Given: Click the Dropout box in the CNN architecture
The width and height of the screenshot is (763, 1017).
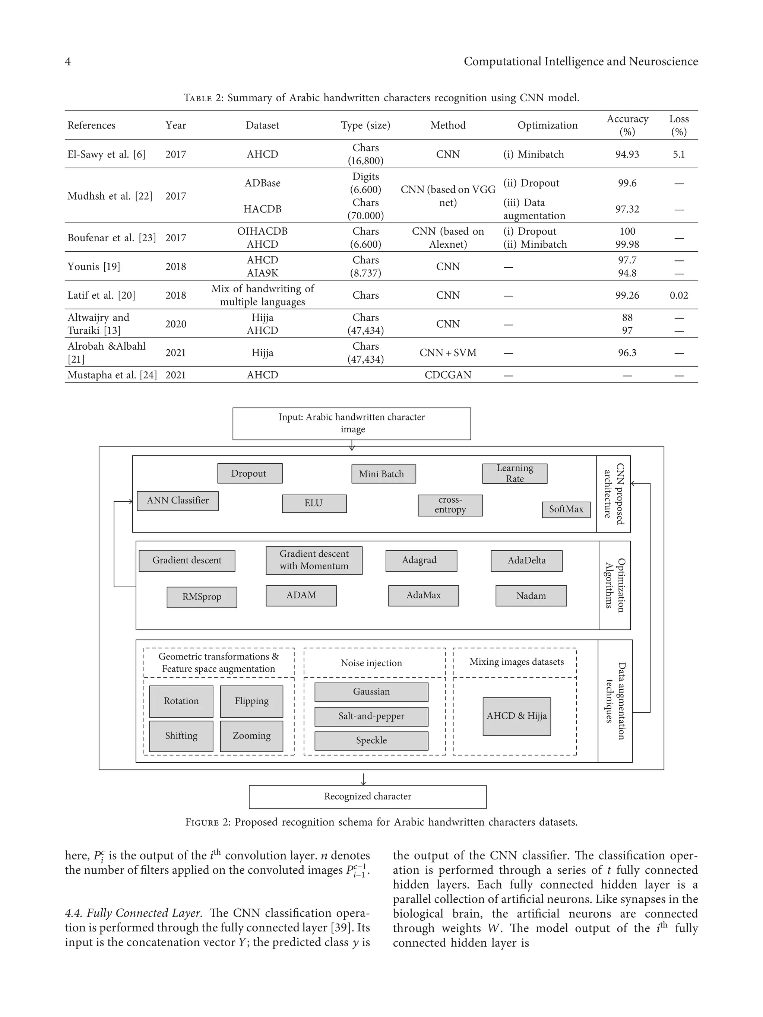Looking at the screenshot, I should tap(250, 473).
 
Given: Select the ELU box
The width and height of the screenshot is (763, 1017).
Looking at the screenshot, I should tap(314, 503).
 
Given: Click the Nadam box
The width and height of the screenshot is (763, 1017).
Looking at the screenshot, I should tap(531, 595).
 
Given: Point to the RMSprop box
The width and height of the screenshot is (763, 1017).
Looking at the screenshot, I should tap(202, 597).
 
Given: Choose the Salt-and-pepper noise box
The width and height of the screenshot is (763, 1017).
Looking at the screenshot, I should tap(371, 716).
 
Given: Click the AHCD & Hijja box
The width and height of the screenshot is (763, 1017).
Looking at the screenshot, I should tap(516, 716).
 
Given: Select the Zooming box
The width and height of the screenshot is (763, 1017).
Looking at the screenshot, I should tap(251, 735).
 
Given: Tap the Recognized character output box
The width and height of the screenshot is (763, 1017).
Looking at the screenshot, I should tap(367, 796).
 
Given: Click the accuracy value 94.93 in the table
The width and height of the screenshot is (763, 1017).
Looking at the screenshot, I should tap(627, 155).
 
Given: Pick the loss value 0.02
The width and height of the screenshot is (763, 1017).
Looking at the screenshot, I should tap(678, 295).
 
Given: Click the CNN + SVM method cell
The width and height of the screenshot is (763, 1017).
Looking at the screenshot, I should tap(447, 353).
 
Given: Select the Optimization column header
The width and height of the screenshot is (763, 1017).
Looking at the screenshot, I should tap(547, 125).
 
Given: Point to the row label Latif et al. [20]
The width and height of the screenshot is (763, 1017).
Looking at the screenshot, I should tap(101, 295).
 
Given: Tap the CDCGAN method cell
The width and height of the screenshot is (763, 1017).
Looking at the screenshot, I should tap(447, 375).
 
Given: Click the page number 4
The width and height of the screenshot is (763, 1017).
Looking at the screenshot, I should tap(68, 61).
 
